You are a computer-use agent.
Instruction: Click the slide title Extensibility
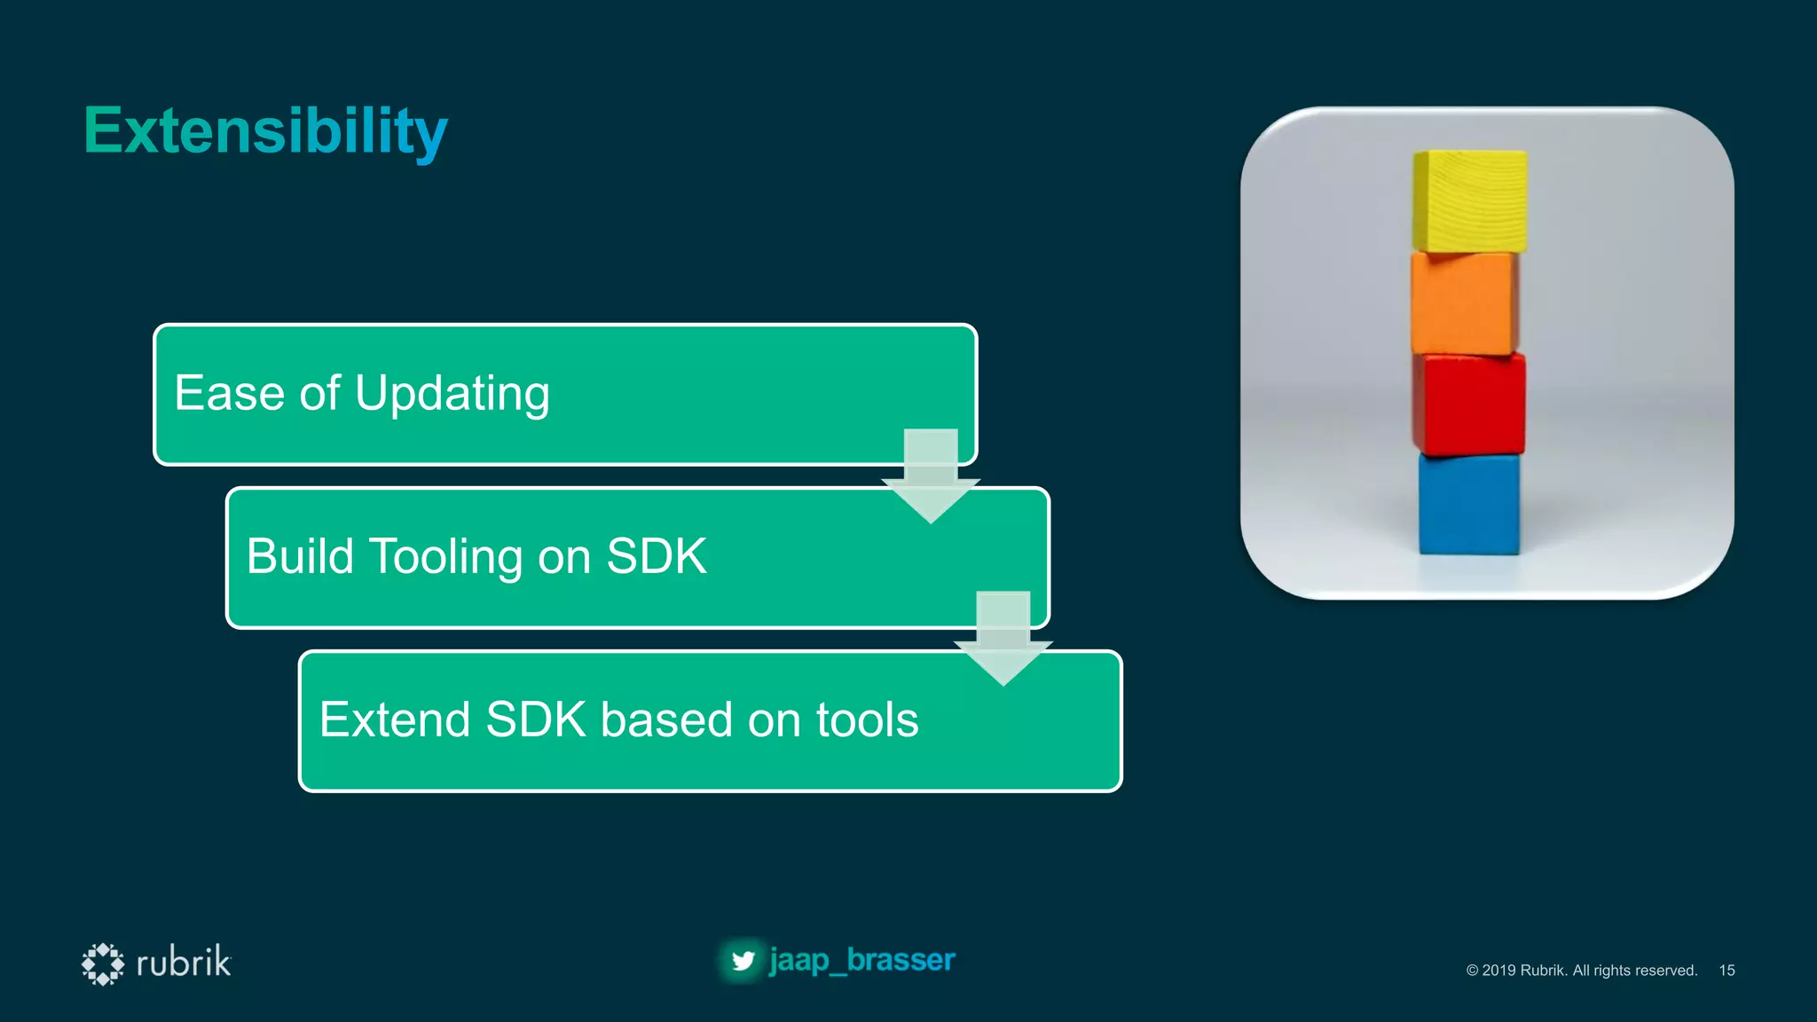265,131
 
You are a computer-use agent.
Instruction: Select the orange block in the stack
1466,303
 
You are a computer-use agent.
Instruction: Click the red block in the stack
1469,405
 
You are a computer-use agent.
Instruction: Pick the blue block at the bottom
1468,504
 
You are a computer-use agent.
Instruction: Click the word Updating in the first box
452,394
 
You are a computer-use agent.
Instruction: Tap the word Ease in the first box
229,393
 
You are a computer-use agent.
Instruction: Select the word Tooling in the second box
445,557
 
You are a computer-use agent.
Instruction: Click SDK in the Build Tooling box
656,556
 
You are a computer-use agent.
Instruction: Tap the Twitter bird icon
743,961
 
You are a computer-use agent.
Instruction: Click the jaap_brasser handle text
861,960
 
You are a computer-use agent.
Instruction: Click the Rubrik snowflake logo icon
103,963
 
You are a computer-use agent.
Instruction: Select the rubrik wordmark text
184,963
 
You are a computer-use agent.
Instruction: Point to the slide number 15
1727,971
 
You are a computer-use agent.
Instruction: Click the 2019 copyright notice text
1581,971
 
